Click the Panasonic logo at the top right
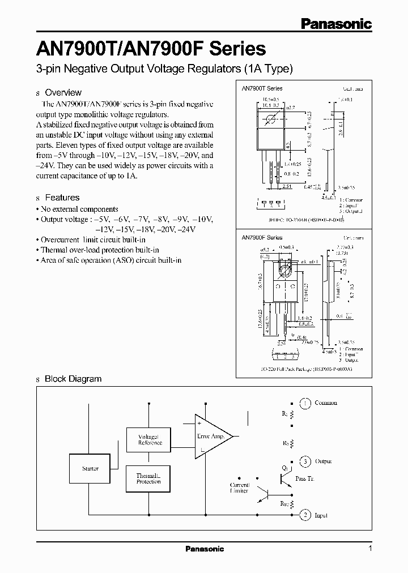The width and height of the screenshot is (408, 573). coord(335,23)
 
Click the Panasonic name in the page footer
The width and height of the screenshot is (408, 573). coord(205,549)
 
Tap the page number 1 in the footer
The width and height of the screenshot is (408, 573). coord(369,549)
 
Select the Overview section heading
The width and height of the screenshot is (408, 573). coord(63,92)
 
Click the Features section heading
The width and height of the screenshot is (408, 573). coord(62,198)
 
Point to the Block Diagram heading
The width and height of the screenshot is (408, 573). coord(73,379)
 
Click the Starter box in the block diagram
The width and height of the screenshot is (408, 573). coord(91,469)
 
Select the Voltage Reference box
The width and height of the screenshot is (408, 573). coord(150,440)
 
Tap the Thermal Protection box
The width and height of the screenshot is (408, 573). coord(149,479)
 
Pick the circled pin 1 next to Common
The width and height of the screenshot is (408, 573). coord(305,403)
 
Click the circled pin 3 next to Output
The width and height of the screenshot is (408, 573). coord(305,462)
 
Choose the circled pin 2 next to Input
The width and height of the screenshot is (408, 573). coord(305,515)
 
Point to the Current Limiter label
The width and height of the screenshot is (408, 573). coord(239,488)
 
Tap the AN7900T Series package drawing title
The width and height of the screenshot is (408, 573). coord(262,88)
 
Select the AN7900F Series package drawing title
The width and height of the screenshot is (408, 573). coord(262,238)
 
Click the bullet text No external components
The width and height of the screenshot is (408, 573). coord(79,209)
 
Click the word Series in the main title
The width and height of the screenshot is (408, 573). coord(237,49)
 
